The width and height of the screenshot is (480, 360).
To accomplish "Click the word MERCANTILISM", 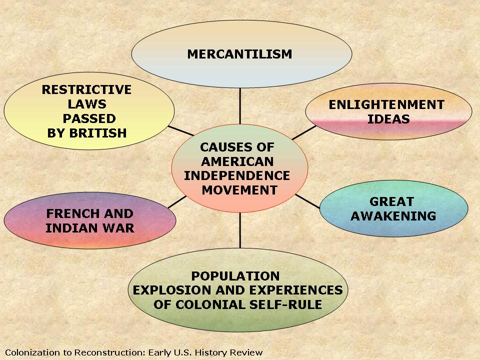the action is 239,54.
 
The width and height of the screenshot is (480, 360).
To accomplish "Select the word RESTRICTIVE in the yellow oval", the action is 86,89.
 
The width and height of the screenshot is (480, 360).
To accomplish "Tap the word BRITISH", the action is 97,133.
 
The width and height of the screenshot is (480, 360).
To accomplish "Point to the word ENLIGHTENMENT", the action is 386,104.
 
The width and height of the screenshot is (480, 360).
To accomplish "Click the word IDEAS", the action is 388,119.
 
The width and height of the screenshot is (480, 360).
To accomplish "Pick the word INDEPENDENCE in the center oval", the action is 237,175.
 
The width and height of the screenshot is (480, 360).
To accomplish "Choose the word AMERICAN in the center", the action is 237,161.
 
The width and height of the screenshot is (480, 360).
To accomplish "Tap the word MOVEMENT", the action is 239,190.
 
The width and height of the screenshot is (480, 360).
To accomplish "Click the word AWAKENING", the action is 393,216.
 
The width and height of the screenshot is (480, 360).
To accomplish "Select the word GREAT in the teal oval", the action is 391,201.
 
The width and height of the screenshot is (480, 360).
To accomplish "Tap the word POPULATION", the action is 235,276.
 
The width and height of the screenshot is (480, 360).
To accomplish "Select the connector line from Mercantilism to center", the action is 240,106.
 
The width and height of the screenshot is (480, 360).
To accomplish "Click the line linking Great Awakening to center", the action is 307,201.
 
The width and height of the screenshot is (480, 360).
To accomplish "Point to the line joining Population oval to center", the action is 240,230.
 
